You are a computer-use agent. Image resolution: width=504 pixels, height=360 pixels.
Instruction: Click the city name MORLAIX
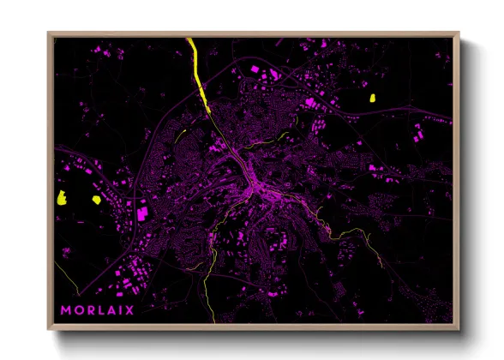(x=97, y=310)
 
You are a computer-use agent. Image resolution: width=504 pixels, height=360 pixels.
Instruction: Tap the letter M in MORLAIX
(x=66, y=310)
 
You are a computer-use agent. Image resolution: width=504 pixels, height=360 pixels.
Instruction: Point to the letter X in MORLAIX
(x=129, y=310)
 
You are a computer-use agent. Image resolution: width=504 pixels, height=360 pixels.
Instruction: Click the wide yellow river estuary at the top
(x=198, y=69)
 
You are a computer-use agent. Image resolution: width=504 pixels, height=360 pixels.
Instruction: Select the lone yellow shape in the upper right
(x=373, y=98)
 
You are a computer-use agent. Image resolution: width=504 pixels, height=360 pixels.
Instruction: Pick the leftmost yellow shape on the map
(x=63, y=199)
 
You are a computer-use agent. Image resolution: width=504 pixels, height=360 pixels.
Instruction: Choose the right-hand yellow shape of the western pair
(x=96, y=199)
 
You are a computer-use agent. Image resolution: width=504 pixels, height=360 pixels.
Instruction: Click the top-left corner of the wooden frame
(x=49, y=33)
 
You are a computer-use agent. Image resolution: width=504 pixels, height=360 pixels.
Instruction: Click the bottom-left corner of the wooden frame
(x=49, y=328)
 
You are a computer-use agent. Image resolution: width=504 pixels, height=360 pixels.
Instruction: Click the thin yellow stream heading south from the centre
(x=211, y=257)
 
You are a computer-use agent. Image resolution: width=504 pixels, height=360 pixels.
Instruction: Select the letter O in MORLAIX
(x=78, y=310)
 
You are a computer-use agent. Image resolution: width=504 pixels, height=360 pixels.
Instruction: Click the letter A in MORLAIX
(x=111, y=310)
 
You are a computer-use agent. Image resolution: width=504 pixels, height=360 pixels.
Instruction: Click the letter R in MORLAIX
(x=90, y=310)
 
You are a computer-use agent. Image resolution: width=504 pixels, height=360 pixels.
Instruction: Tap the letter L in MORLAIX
(x=101, y=310)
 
